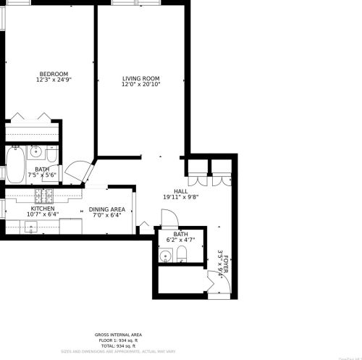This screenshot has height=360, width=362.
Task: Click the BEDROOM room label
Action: point(54,74)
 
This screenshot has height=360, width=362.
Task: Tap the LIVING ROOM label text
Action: point(140,78)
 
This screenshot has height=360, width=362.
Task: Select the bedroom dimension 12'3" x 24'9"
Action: point(54,80)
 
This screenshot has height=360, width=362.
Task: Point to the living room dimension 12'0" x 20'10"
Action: point(140,85)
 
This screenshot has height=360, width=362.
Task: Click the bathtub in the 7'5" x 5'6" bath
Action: point(15,164)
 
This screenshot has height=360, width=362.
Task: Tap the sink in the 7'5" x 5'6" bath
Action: point(35,152)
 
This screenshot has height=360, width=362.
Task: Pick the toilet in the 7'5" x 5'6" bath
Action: point(51,154)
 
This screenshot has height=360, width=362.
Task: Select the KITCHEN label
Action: point(42,208)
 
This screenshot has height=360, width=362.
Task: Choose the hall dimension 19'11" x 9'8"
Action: point(171,196)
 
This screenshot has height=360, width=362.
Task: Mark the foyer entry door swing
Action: point(219,285)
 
